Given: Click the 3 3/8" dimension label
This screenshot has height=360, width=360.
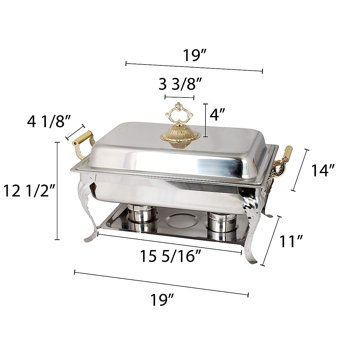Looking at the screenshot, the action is pyautogui.click(x=180, y=84).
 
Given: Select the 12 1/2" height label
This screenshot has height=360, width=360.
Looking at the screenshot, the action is pyautogui.click(x=29, y=190).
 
